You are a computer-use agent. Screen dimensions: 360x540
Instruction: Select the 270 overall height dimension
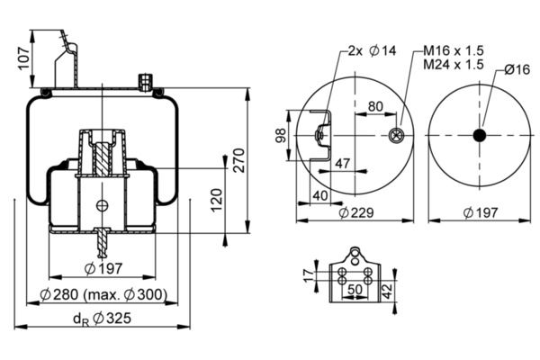(x=238, y=159)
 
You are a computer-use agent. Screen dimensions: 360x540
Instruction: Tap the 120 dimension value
(x=216, y=200)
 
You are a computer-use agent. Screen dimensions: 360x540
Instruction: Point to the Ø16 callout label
(x=517, y=68)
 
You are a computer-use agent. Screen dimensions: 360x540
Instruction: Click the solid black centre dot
(x=479, y=135)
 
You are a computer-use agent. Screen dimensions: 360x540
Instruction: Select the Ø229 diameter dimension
(x=355, y=212)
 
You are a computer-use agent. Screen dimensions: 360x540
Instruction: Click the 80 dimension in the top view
(x=375, y=106)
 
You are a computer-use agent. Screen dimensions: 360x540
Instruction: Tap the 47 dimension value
(x=342, y=163)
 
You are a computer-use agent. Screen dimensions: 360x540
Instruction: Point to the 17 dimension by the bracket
(x=309, y=273)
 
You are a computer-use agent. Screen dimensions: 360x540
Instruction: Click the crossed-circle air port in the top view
(x=394, y=136)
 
